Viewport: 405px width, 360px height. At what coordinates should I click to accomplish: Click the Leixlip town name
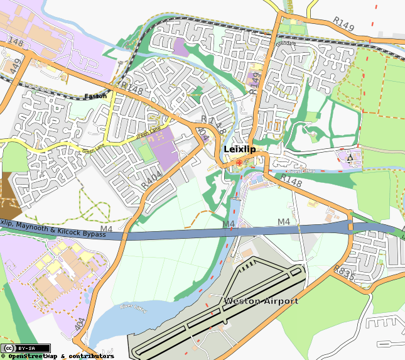[x=239, y=150]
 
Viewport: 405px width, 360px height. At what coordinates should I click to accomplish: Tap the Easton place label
[x=96, y=97]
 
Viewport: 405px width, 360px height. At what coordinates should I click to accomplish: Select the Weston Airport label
[x=261, y=302]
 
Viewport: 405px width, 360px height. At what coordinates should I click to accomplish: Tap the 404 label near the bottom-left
[x=79, y=324]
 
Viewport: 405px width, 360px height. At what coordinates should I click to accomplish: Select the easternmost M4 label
[x=284, y=222]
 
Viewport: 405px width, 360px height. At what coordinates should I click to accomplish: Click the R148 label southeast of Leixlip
[x=291, y=180]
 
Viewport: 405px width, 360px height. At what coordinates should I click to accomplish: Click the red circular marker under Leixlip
[x=239, y=163]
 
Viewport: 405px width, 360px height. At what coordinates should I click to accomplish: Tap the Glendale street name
[x=283, y=44]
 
